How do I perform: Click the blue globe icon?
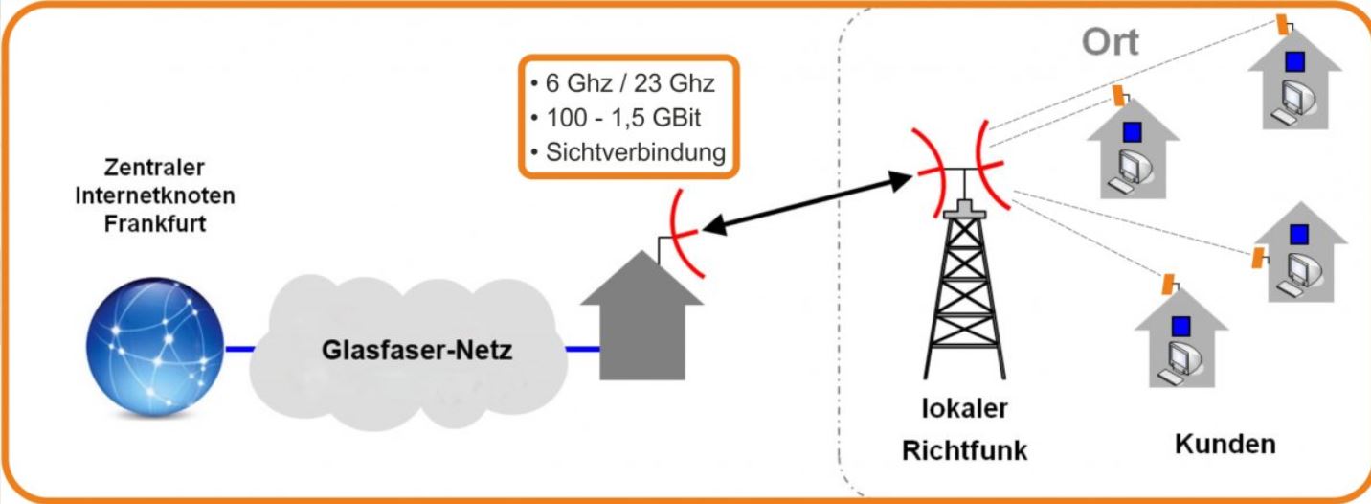155,348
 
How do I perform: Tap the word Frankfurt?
155,223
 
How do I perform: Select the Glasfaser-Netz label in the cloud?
416,350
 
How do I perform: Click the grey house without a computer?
642,315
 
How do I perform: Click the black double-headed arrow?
807,203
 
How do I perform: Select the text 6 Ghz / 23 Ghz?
630,83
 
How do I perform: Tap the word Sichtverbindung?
636,152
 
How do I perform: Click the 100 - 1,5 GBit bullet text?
623,118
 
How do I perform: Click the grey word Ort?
1111,41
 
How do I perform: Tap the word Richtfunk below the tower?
965,450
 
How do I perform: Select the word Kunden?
1225,444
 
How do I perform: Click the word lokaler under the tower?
965,408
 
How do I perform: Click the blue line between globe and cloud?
240,349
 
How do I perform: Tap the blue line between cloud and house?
582,349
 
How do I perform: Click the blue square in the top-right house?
1294,61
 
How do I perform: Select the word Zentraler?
154,167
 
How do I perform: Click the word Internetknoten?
155,195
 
